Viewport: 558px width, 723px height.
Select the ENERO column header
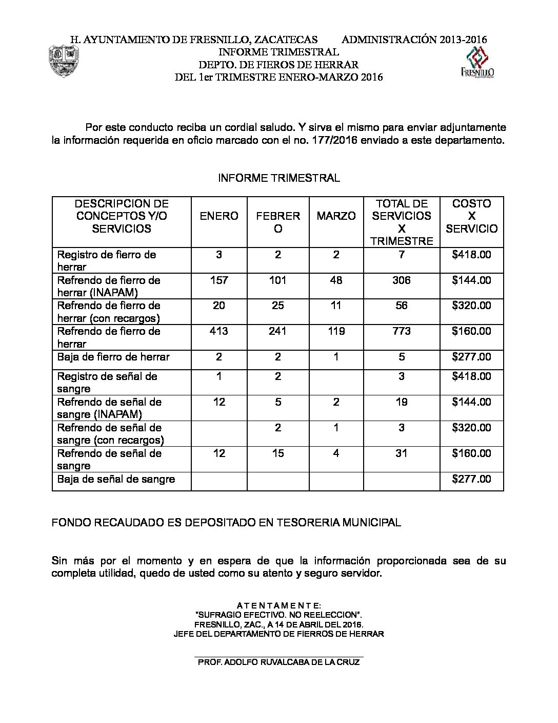click(x=219, y=216)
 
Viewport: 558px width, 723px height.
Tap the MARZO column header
click(x=336, y=216)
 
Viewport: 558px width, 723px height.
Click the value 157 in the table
click(x=219, y=280)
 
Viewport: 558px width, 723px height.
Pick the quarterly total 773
click(x=402, y=331)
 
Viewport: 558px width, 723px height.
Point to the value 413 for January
click(x=219, y=331)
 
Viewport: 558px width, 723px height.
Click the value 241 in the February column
click(x=277, y=331)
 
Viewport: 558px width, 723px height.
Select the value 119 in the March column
click(x=336, y=331)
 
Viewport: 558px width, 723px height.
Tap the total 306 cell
click(x=402, y=280)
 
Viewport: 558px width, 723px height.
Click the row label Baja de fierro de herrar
click(x=113, y=357)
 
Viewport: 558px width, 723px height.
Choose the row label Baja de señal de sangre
click(x=116, y=479)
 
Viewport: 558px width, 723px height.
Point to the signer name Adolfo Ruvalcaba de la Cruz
click(x=278, y=662)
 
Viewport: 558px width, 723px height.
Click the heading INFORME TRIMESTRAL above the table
click(x=278, y=178)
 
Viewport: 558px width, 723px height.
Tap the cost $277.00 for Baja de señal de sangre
click(x=471, y=479)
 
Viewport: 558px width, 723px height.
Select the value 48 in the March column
click(x=336, y=280)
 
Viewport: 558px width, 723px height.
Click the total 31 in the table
click(x=402, y=453)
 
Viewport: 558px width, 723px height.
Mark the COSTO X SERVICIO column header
click(x=471, y=216)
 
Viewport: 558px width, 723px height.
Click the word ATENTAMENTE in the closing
click(x=278, y=606)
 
